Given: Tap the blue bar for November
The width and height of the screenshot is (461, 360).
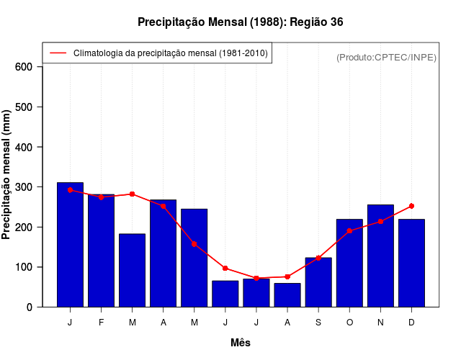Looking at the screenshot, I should tap(380, 256).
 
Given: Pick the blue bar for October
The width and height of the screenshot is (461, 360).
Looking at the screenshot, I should tap(349, 263).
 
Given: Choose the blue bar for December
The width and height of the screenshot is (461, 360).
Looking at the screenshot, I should tap(411, 263).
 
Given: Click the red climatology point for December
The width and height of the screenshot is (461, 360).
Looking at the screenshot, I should tap(411, 206).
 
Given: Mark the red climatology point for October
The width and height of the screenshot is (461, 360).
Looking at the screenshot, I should tap(349, 231).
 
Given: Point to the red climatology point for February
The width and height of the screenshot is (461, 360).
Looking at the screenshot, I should tap(101, 197).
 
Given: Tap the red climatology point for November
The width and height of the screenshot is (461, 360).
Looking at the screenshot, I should tap(380, 222).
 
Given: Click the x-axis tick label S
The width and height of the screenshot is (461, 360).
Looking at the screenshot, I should tap(318, 323).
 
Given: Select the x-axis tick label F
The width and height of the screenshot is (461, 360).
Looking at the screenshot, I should tap(101, 323).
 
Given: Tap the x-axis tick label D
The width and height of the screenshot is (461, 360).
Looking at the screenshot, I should tap(411, 323).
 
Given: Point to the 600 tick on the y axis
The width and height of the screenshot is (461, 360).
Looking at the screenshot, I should tap(24, 67).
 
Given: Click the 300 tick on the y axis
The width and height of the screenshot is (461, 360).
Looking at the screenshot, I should tap(24, 187).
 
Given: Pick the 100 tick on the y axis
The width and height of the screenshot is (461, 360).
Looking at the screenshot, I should tap(24, 267).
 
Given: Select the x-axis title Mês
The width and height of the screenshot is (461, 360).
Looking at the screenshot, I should tap(241, 343).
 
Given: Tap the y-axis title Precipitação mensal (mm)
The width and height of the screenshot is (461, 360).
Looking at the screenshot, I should tap(7, 174).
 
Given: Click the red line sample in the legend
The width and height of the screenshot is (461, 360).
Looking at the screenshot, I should tap(58, 53).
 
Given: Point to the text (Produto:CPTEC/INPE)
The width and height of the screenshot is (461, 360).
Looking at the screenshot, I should tap(387, 57).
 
